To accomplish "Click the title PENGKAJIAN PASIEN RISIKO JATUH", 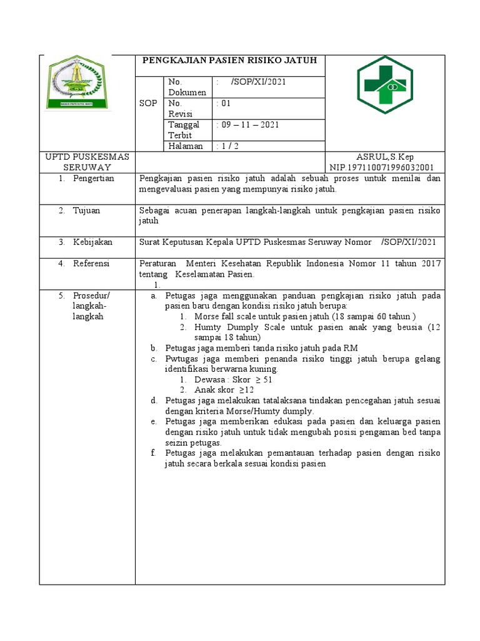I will [x=230, y=60].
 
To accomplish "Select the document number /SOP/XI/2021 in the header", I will [x=259, y=81].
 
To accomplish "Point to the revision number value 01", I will [x=223, y=103].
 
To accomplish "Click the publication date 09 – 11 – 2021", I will [x=247, y=125].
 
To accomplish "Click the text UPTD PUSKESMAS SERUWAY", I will [x=87, y=162].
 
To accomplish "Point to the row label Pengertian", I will [x=93, y=178].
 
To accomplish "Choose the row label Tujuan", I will [x=86, y=210].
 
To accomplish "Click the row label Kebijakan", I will [x=92, y=242].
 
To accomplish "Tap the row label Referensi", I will [x=91, y=264].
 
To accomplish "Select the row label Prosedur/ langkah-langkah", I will [x=91, y=305].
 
